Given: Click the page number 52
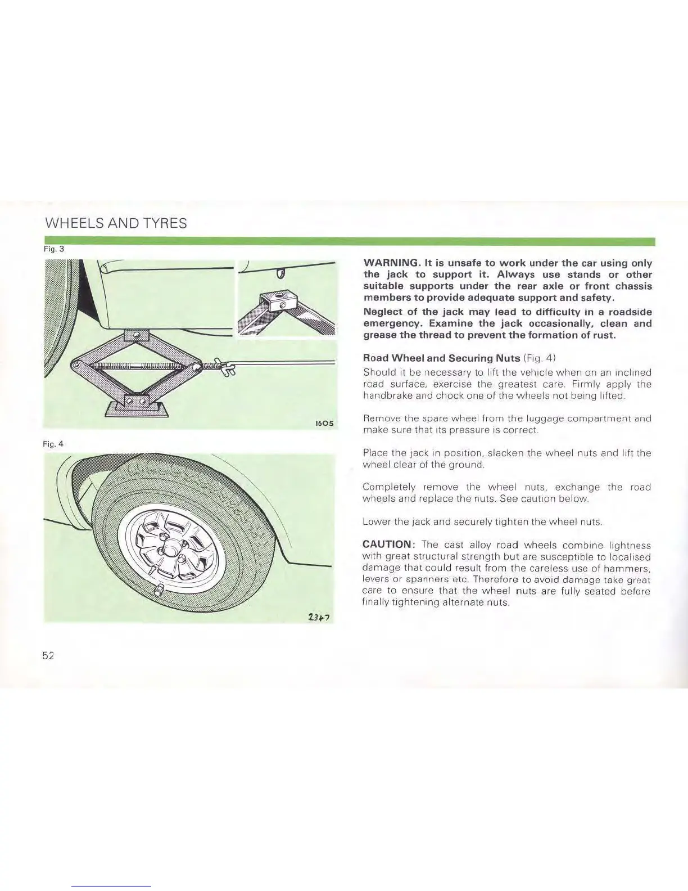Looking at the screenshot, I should point(48,655).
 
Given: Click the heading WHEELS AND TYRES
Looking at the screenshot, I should point(115,223).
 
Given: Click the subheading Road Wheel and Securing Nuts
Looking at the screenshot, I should point(442,358).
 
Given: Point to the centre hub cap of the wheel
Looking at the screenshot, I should point(170,549).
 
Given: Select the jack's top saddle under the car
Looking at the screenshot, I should point(136,335).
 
